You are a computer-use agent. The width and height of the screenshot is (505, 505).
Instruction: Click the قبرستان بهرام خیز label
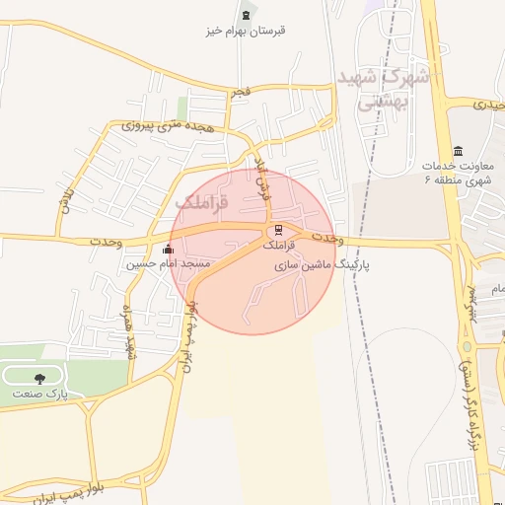[246, 31]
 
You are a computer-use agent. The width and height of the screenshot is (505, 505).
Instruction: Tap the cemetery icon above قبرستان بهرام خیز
[246, 14]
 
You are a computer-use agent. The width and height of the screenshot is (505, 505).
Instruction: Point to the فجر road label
[240, 93]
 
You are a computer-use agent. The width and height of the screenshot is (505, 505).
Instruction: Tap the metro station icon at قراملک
[272, 232]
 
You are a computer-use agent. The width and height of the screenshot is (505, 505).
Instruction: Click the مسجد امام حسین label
[168, 264]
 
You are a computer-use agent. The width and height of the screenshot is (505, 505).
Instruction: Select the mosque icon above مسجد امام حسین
[167, 250]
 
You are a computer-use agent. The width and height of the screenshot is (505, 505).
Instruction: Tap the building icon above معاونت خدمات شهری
[457, 150]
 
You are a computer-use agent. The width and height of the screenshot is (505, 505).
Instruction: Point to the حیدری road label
[489, 104]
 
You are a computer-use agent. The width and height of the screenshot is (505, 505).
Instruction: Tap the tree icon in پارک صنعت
[39, 378]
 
